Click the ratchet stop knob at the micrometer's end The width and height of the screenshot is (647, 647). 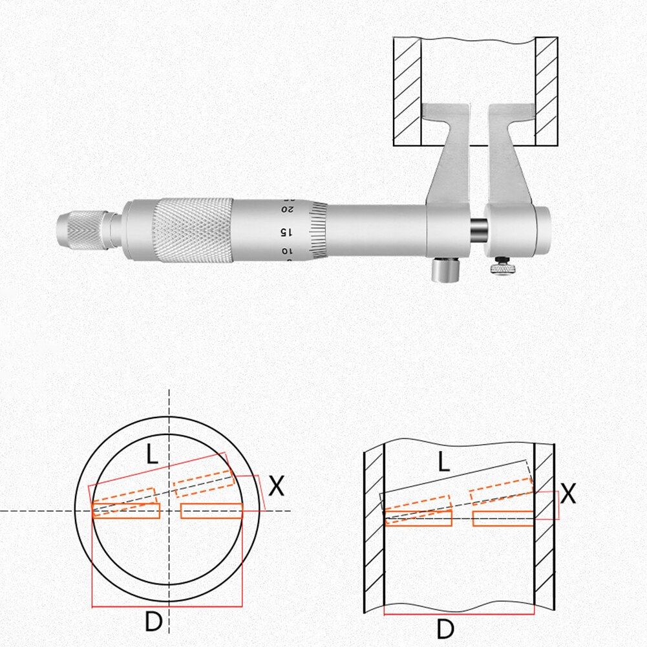pos(84,229)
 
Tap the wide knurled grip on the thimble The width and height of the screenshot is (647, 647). pos(193,231)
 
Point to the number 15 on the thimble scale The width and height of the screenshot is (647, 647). pos(283,231)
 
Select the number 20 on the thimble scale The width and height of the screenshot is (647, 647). pos(284,210)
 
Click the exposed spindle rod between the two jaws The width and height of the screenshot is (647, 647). pos(479,229)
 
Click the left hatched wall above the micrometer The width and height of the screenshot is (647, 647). pos(408,90)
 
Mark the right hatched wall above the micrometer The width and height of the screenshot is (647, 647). pos(546,90)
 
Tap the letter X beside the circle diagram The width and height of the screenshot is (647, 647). pos(276,486)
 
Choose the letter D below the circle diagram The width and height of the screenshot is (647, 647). pos(153,622)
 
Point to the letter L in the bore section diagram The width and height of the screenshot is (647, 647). pos(443,461)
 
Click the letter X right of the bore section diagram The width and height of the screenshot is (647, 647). pos(568,494)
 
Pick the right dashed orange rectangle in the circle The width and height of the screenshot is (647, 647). pos(203,481)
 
